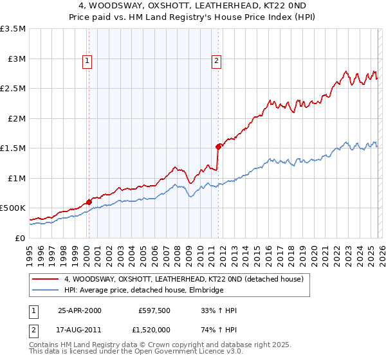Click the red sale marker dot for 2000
(x=89, y=202)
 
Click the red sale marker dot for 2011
(x=219, y=147)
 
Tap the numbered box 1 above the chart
(x=87, y=62)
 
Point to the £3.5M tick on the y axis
(x=13, y=29)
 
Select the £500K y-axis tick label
(x=13, y=208)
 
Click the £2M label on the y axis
(x=15, y=118)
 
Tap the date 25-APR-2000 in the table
(x=80, y=310)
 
